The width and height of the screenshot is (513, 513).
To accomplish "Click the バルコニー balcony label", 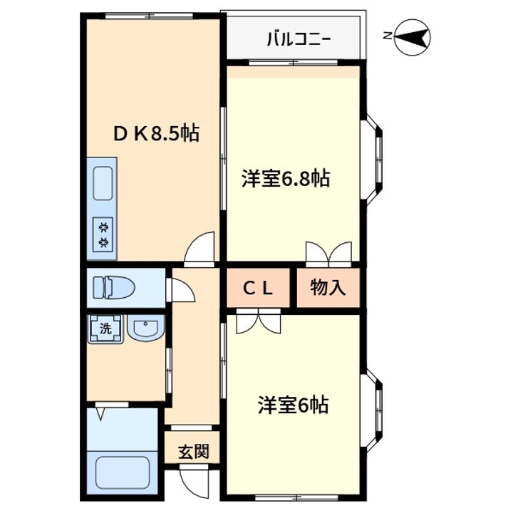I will tap(298, 38).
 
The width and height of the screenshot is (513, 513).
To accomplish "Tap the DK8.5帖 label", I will tap(157, 133).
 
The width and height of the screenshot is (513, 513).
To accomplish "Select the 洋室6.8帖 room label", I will tap(285, 179).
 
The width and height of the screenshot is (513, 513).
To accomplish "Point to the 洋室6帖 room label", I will tap(293, 405).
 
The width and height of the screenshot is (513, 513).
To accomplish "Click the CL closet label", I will tap(259, 288).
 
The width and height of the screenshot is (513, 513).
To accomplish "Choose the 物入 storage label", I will tap(328, 288).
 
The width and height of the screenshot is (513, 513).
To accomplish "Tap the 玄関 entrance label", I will tap(193, 452).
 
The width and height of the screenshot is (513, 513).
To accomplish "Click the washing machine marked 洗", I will tap(105, 329).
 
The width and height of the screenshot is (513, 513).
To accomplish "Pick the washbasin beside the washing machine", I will tap(146, 329).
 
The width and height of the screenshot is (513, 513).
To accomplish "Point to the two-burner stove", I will tap(104, 234).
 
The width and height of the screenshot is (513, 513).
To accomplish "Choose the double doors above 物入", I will tap(328, 253).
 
